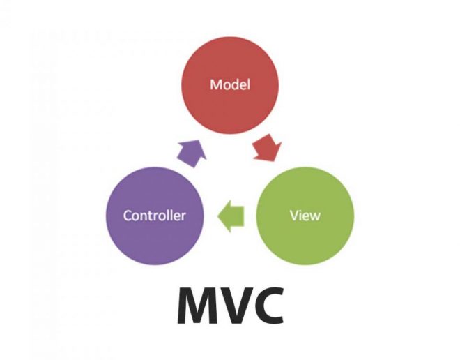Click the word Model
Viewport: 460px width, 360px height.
tap(230, 85)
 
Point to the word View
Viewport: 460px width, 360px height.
tap(305, 215)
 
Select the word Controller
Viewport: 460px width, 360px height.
tap(155, 215)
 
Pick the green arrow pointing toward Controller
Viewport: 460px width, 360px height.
tap(231, 215)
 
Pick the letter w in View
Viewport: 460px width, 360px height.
tap(315, 216)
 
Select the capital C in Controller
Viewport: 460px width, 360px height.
tap(128, 215)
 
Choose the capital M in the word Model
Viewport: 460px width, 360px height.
tap(215, 85)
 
